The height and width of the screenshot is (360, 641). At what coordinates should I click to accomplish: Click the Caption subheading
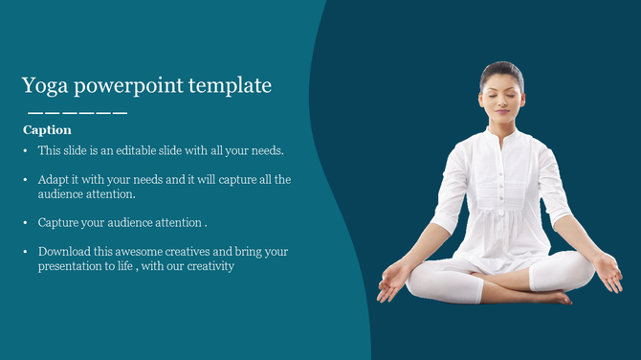(47, 129)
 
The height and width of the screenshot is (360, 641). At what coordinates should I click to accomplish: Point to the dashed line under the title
(77, 113)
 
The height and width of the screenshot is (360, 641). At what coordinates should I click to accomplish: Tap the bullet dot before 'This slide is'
(25, 151)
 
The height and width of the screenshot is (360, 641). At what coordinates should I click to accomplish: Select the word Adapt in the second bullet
(55, 179)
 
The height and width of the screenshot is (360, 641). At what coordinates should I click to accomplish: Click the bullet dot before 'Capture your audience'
(25, 223)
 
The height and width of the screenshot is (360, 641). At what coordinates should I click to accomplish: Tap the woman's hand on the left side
(392, 283)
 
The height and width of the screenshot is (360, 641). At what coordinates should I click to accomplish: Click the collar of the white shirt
(501, 135)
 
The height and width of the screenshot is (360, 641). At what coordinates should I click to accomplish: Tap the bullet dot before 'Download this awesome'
(25, 252)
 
